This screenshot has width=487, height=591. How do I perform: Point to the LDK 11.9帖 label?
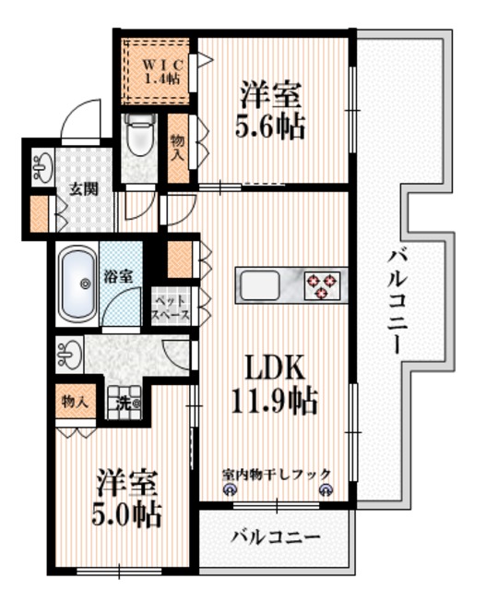click(274, 385)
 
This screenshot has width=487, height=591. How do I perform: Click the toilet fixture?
click(139, 138)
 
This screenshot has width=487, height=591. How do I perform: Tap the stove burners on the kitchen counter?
click(322, 284)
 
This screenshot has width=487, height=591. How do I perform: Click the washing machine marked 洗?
click(125, 404)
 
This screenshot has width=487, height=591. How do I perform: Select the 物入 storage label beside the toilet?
click(177, 148)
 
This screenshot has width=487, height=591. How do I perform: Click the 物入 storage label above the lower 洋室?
click(74, 402)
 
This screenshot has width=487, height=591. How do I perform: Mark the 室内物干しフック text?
click(276, 475)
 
